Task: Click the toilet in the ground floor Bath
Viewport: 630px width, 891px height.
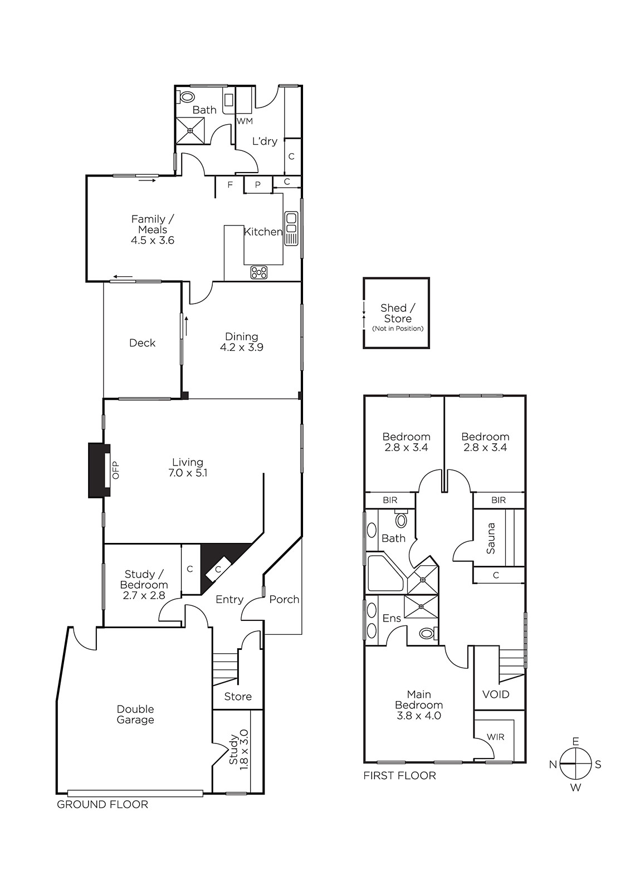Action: pyautogui.click(x=186, y=97)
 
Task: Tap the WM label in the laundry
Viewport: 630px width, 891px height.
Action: pyautogui.click(x=245, y=121)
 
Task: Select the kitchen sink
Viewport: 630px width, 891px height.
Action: pyautogui.click(x=291, y=229)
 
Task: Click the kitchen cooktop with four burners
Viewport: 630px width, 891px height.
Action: pyautogui.click(x=258, y=272)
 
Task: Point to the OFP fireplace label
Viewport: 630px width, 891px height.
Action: pyautogui.click(x=116, y=470)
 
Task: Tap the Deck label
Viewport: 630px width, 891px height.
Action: pyautogui.click(x=143, y=343)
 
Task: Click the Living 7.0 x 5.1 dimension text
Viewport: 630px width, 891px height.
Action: pyautogui.click(x=188, y=473)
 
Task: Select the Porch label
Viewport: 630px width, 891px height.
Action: pyautogui.click(x=284, y=599)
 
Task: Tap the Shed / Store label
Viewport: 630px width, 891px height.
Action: pyautogui.click(x=398, y=313)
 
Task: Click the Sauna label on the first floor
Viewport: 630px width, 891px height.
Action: pyautogui.click(x=491, y=538)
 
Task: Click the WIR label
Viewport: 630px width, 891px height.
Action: pyautogui.click(x=496, y=737)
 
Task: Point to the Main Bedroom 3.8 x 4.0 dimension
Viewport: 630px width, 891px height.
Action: pyautogui.click(x=419, y=716)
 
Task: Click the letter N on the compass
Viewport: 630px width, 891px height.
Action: pyautogui.click(x=553, y=765)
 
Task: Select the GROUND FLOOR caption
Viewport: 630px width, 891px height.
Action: pyautogui.click(x=102, y=805)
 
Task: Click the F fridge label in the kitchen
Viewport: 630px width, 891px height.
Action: pyautogui.click(x=230, y=184)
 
